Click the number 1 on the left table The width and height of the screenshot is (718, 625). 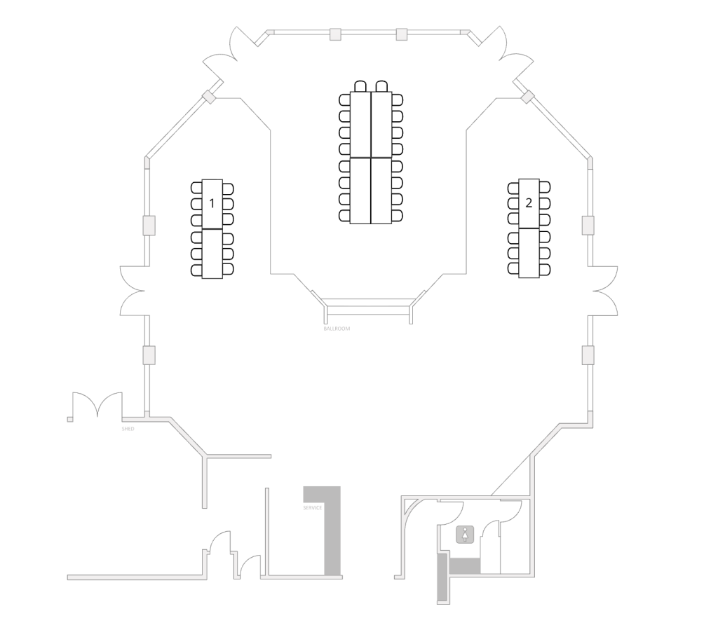pos(212,203)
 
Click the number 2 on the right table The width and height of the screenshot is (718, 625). pos(529,202)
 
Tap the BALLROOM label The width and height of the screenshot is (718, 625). pos(337,329)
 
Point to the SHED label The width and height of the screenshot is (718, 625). pos(128,429)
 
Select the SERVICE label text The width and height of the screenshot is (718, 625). pos(312,507)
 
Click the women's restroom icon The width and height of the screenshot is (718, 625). pos(465,535)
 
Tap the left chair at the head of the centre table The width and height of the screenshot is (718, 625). pos(360,86)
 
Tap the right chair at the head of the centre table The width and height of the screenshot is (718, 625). pos(381,86)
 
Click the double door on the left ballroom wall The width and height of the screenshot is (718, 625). pos(133,291)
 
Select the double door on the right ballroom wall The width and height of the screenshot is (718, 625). pos(605,291)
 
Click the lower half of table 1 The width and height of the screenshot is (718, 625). pos(212,254)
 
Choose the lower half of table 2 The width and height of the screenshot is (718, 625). pos(529,253)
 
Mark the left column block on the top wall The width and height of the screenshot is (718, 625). pos(336,34)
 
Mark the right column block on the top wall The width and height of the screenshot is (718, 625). pos(402,34)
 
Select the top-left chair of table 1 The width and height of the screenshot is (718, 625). pos(196,188)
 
